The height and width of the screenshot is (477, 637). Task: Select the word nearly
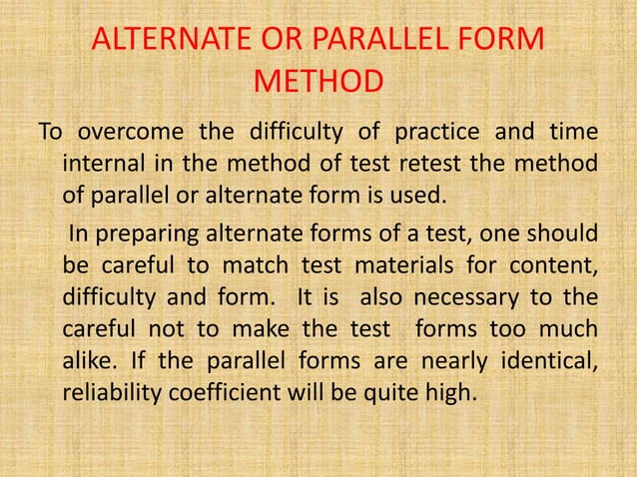point(417,361)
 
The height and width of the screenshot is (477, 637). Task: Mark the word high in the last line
point(457,392)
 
